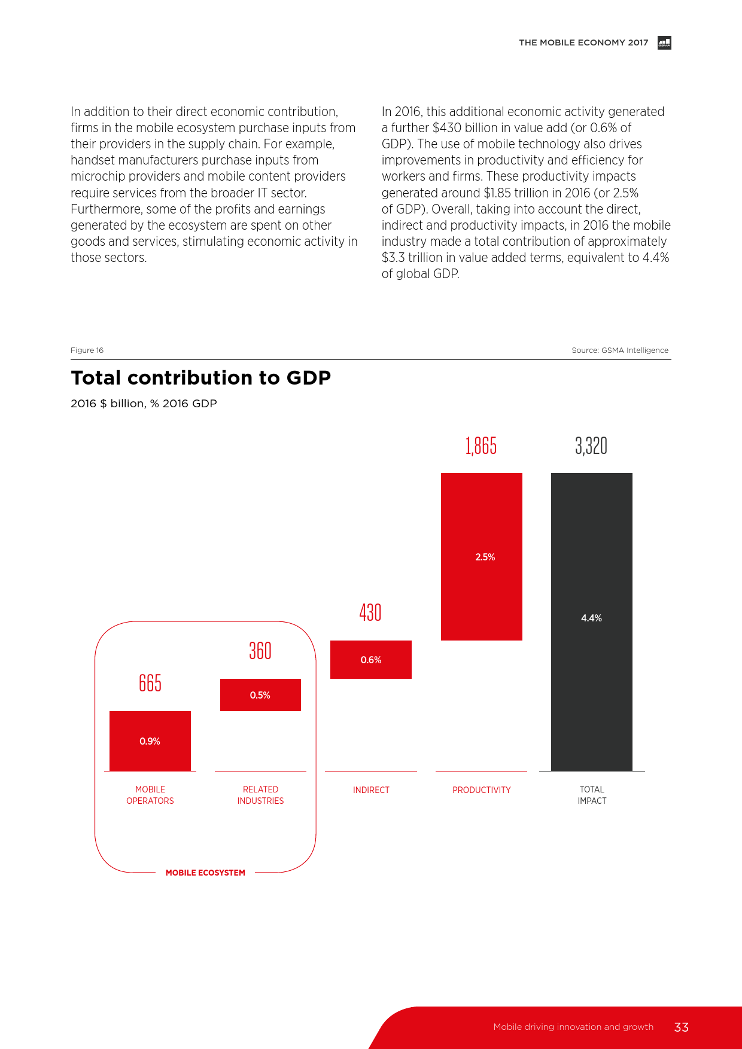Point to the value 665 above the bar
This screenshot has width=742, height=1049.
(150, 683)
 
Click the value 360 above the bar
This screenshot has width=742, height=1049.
(260, 651)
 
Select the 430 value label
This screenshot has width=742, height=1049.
(370, 612)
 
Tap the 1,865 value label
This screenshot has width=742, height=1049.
(481, 446)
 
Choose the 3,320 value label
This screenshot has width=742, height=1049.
(591, 446)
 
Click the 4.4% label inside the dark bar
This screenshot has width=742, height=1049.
(591, 618)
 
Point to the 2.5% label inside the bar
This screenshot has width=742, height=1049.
(485, 557)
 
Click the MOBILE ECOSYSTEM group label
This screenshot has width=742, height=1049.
(205, 873)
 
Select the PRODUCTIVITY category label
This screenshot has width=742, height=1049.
(482, 790)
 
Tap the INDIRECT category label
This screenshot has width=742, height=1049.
(371, 790)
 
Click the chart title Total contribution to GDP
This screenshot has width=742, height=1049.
(201, 378)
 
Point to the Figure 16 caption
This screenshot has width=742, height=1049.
(87, 350)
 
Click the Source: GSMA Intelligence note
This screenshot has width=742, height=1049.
(620, 350)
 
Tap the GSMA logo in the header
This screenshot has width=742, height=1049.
(664, 42)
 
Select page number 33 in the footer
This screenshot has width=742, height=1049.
(681, 1027)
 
